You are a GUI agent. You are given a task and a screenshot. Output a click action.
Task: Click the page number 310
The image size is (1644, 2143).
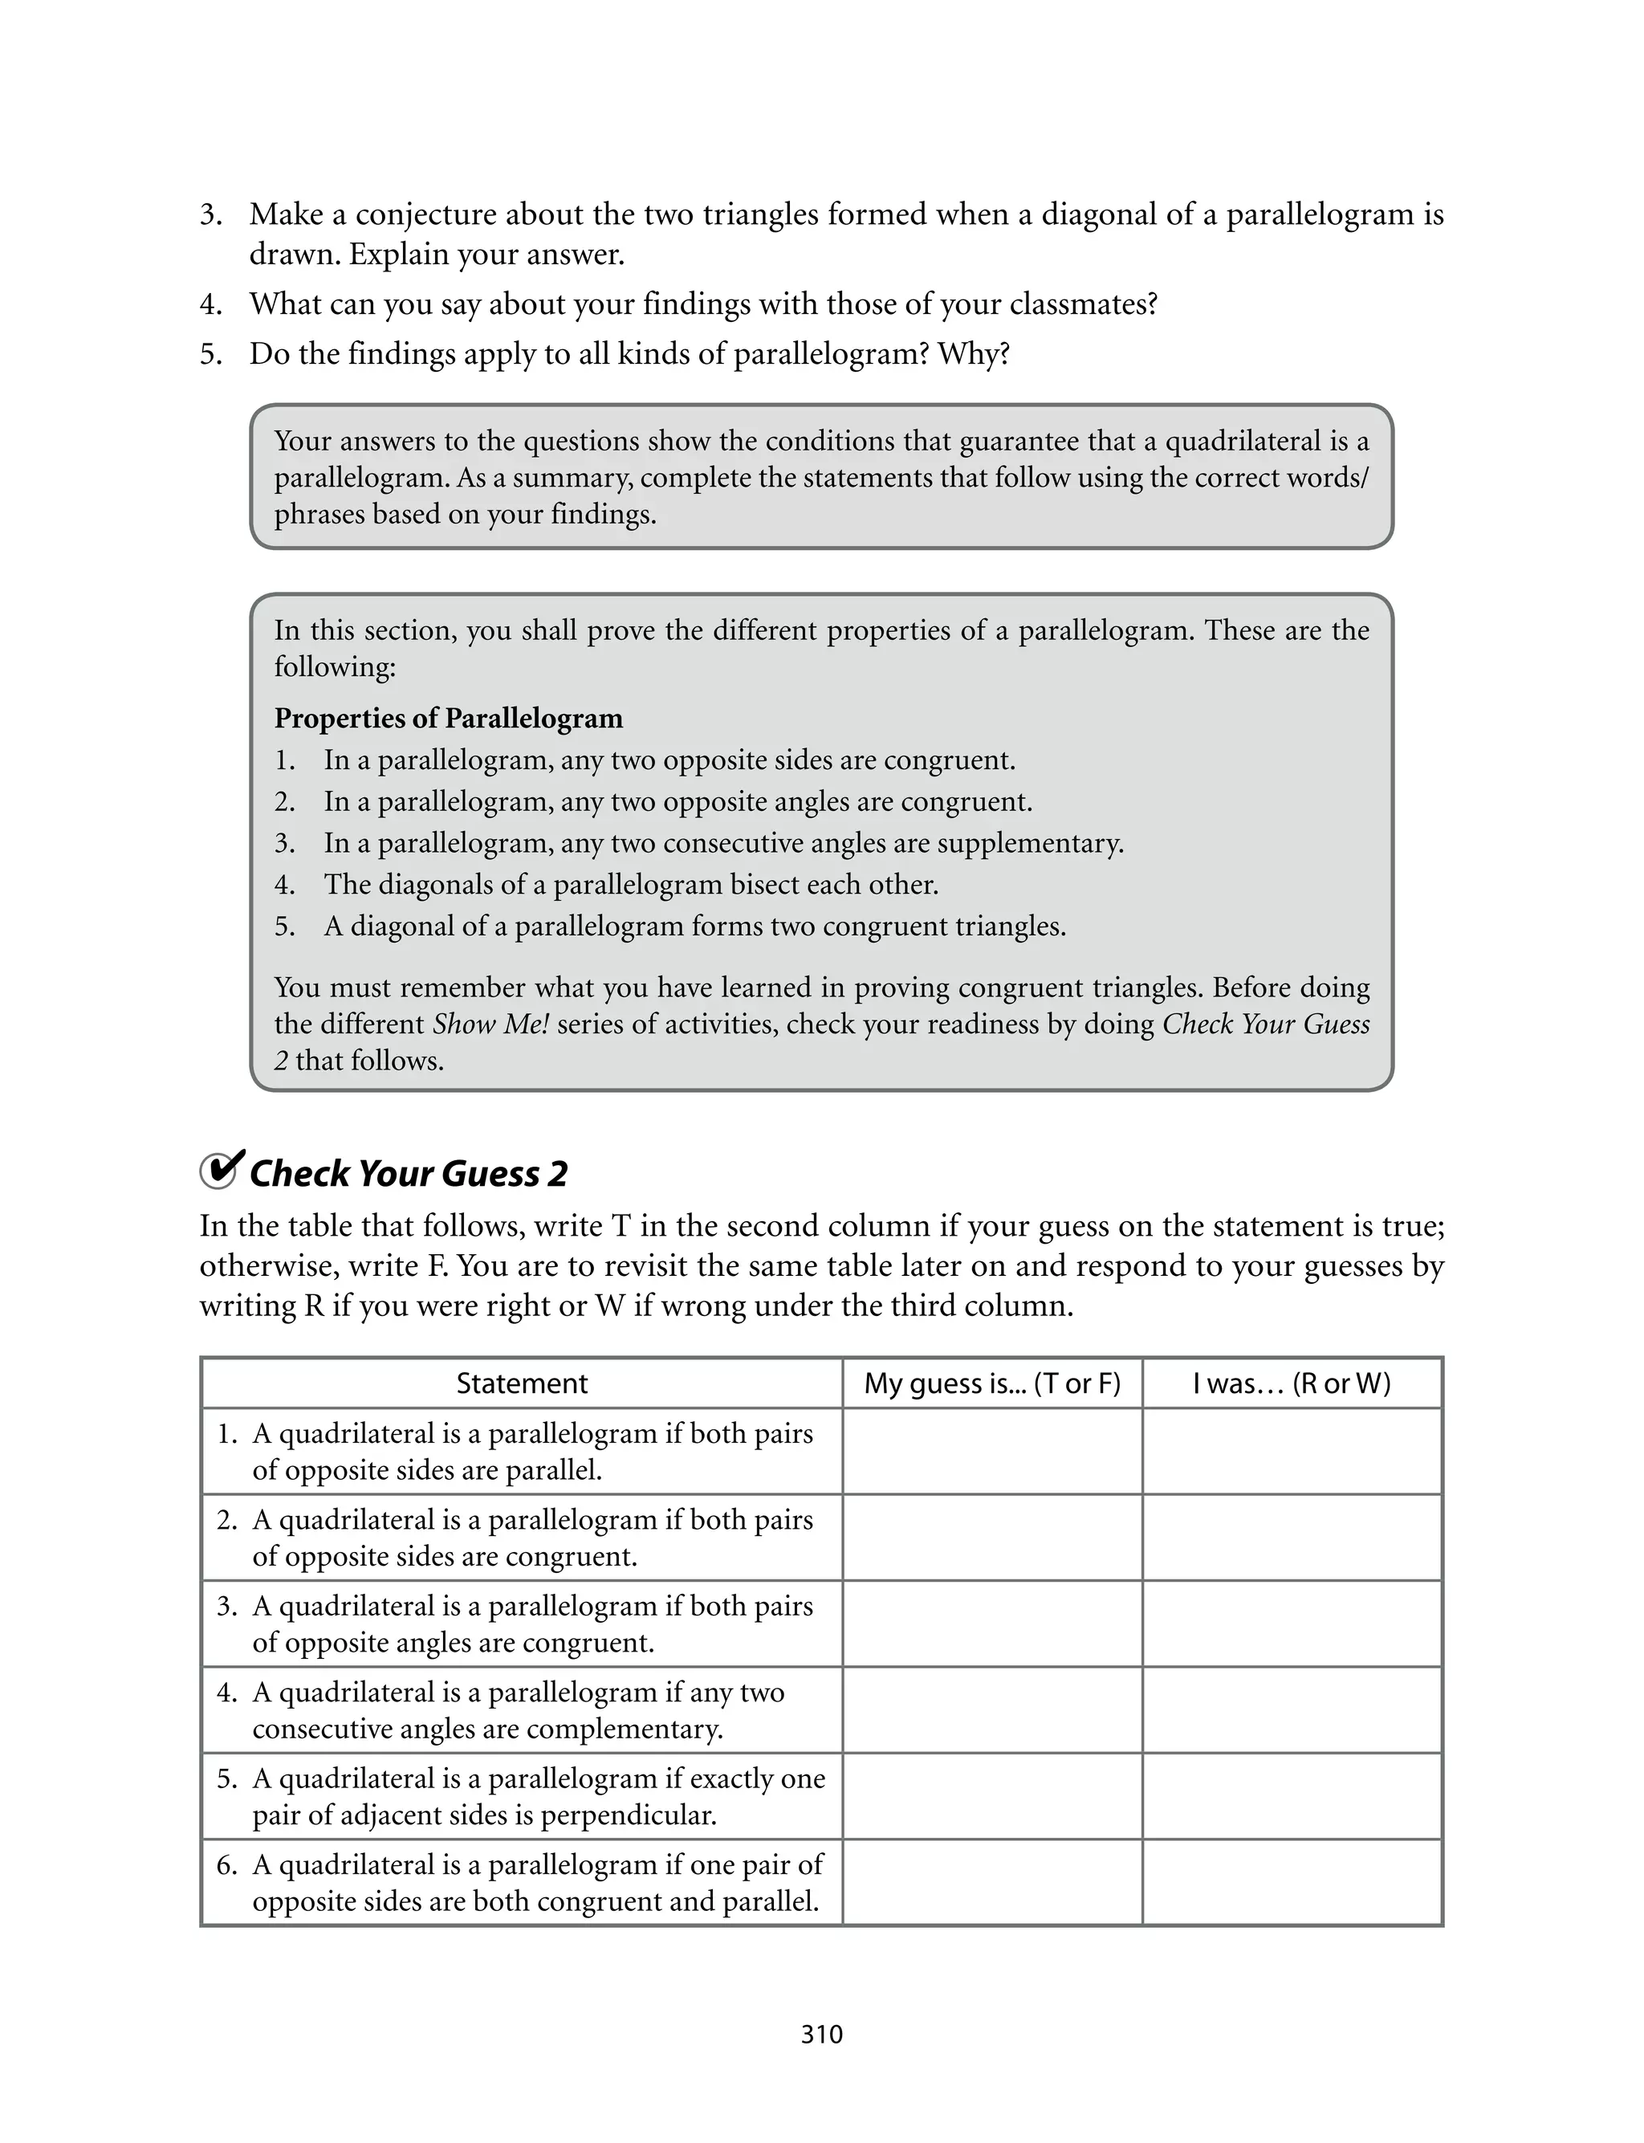[x=821, y=2035]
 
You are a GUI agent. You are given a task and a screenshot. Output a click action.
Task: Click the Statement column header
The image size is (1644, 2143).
[x=522, y=1383]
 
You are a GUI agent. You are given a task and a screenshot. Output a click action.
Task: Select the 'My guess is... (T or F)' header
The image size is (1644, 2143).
[x=992, y=1383]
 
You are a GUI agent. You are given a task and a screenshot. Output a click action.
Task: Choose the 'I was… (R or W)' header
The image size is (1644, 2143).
[x=1292, y=1383]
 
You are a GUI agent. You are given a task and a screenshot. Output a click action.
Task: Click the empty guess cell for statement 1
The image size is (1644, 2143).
[x=992, y=1451]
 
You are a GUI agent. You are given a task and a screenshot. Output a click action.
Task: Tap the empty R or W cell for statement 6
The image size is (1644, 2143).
[x=1292, y=1882]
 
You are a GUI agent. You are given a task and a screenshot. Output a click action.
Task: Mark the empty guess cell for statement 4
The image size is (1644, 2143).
[x=992, y=1709]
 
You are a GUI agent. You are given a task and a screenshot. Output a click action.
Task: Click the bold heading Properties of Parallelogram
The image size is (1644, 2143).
[x=448, y=719]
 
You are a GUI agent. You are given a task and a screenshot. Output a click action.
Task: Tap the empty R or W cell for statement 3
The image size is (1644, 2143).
[x=1292, y=1624]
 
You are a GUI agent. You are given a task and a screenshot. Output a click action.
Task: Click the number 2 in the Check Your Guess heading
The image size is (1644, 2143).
[x=557, y=1174]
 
